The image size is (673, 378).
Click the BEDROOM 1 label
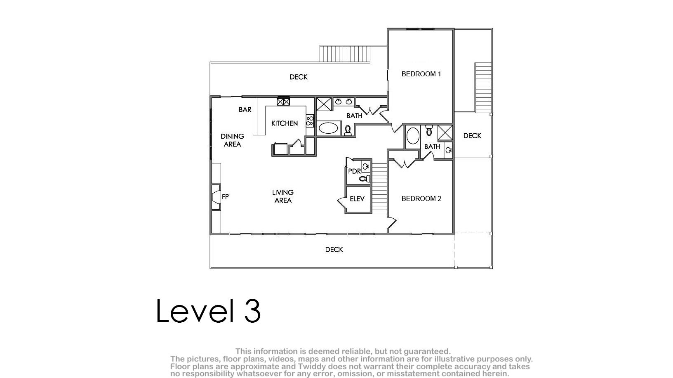421,74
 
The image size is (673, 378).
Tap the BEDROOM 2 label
421,198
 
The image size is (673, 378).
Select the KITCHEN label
285,123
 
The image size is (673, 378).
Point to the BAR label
245,109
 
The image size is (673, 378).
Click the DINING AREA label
232,140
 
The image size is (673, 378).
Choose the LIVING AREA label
283,196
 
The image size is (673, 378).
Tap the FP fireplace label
225,197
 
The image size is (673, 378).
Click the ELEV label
357,199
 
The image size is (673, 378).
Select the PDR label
354,171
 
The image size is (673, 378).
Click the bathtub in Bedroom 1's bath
328,128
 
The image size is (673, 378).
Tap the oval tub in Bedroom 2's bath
413,136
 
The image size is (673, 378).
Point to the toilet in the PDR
365,179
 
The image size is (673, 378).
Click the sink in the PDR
366,166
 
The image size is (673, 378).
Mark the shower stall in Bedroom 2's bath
445,132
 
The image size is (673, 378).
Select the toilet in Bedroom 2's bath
429,130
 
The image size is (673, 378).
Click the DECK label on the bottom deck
334,250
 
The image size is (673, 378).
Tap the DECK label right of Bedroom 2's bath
472,136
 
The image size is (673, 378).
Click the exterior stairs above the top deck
345,54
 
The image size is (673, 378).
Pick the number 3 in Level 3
252,311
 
